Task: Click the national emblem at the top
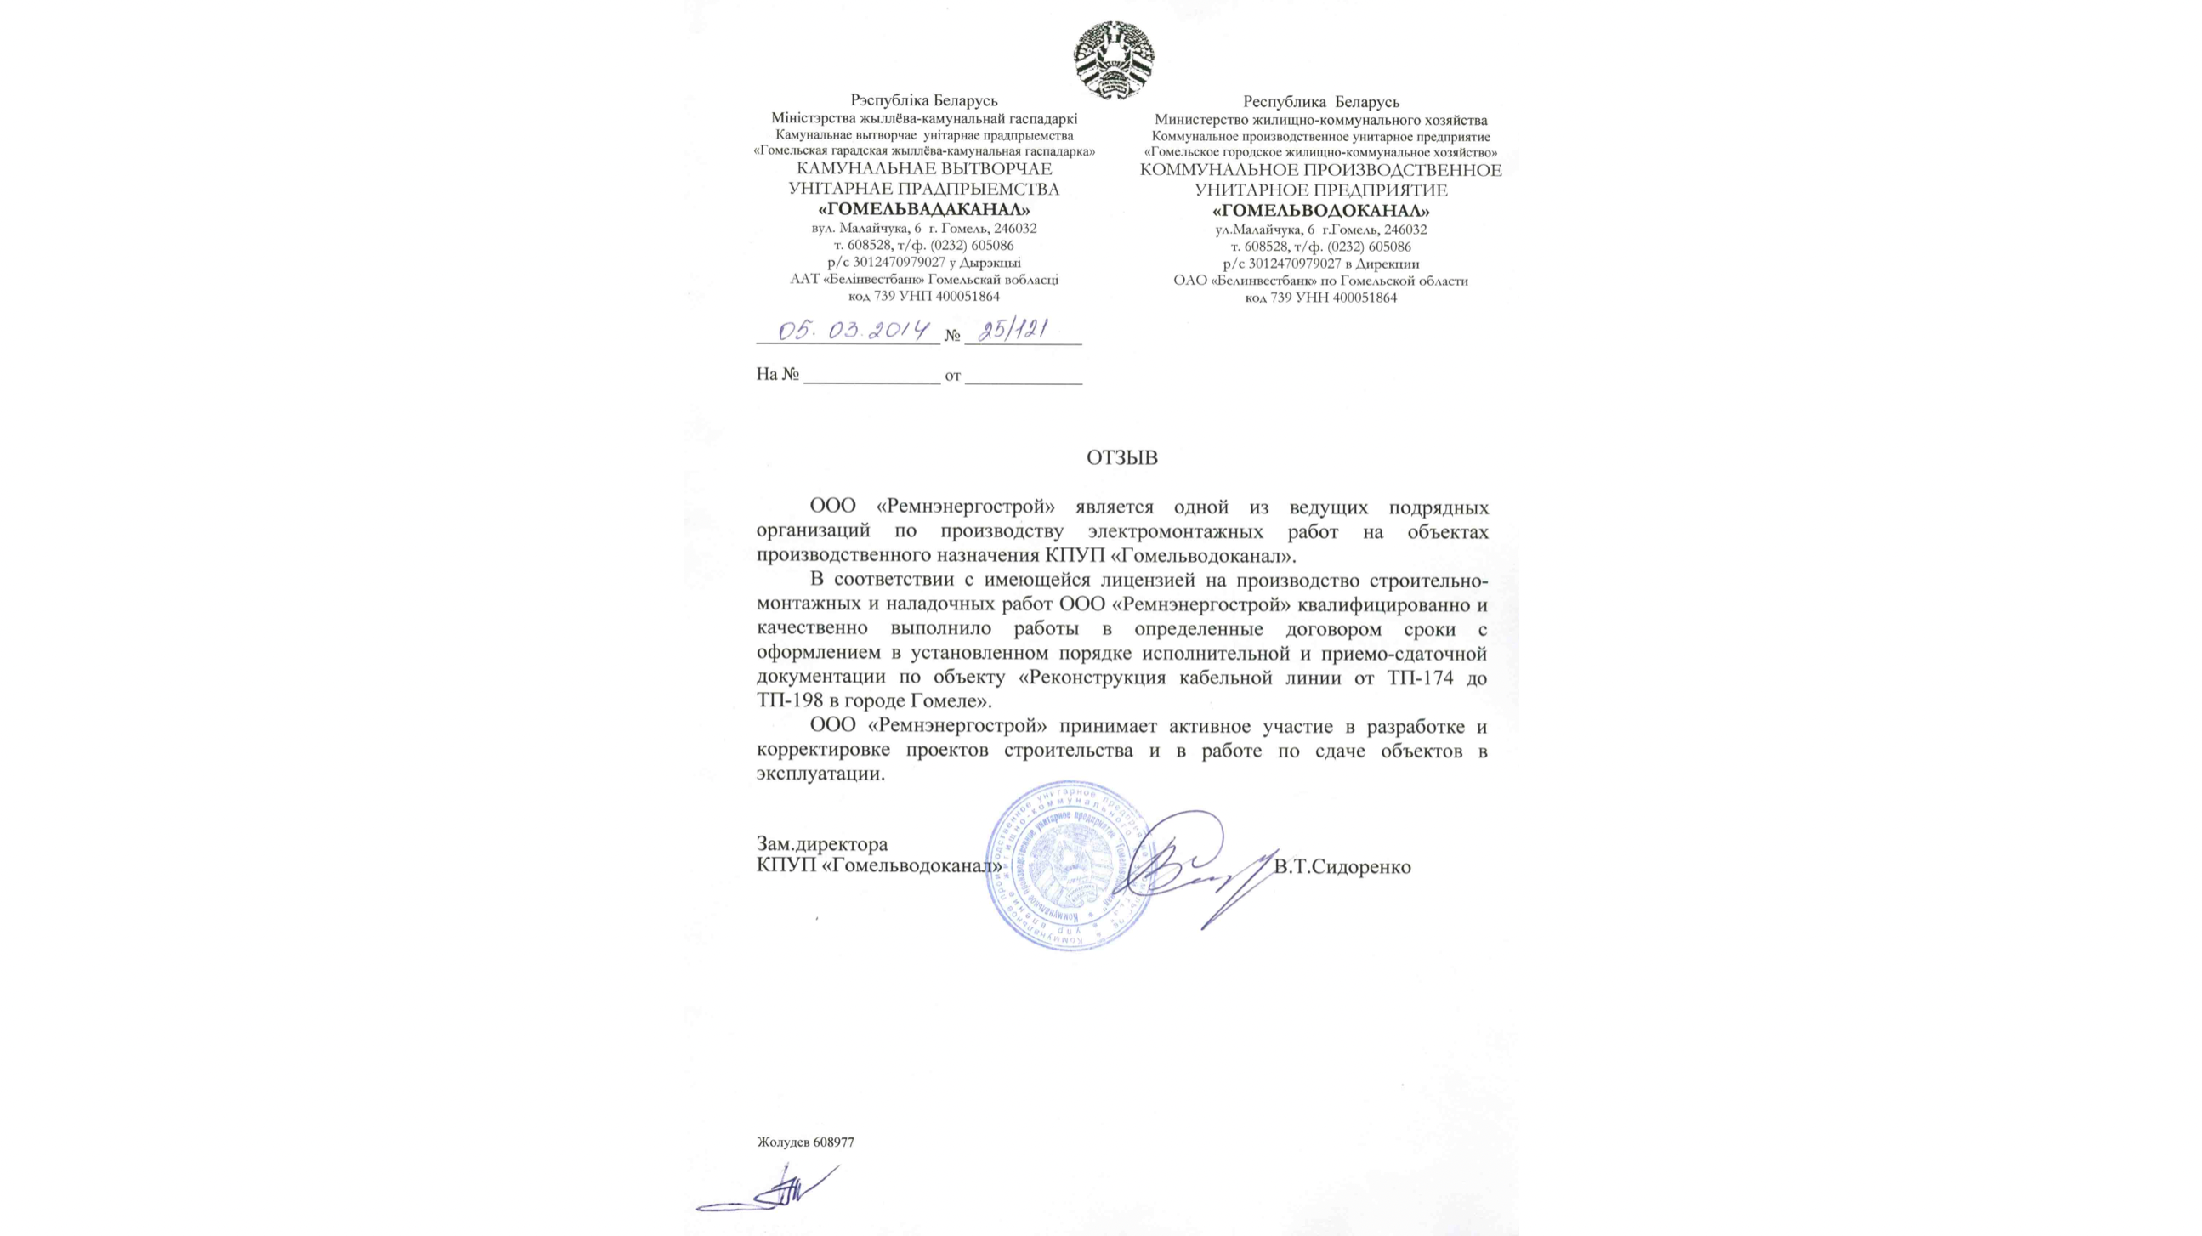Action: coord(1115,59)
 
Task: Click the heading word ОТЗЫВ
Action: coord(1122,458)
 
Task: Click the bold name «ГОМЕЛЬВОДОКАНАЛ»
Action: coord(1320,210)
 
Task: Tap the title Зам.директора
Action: coord(810,844)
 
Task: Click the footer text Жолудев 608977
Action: coord(805,1142)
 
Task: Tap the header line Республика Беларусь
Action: coord(1320,103)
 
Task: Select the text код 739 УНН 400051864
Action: coord(1320,298)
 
